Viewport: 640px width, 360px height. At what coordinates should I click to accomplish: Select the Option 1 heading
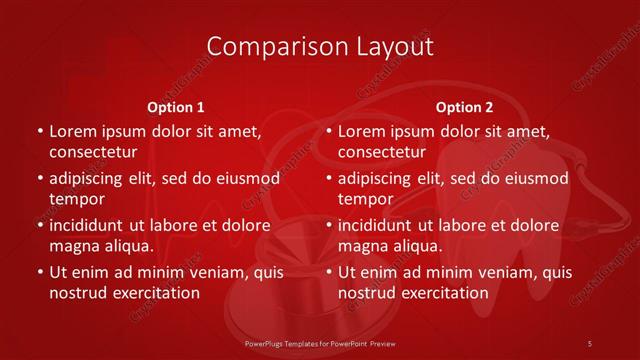coord(176,106)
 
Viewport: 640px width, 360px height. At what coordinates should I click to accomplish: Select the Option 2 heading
coord(464,106)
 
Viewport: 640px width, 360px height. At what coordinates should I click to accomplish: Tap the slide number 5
coord(591,342)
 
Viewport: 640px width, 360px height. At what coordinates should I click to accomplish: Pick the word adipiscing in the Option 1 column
coord(89,178)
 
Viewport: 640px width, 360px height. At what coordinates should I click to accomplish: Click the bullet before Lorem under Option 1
coord(39,131)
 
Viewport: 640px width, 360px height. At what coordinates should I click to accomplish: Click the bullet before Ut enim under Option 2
coord(328,272)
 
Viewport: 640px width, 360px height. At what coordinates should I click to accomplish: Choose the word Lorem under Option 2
coord(361,131)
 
